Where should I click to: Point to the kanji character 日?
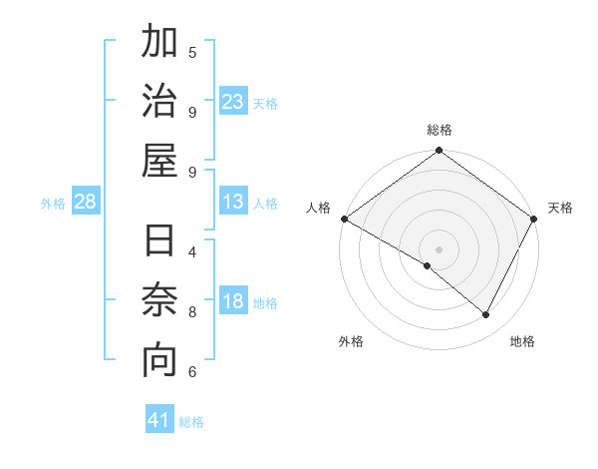159,242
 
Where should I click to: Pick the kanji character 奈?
159,301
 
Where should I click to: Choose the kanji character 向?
159,361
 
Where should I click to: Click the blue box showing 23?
233,101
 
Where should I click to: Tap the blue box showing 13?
233,203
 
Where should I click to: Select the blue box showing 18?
233,302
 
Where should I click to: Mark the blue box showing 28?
86,203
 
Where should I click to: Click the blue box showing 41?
159,420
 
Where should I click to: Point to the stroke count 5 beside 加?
192,52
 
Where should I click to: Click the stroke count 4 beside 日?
192,251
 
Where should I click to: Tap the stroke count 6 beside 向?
192,372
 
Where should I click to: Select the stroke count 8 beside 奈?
192,311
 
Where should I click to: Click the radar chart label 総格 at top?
440,130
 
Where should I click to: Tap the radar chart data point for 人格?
344,219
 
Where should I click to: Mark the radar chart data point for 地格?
486,314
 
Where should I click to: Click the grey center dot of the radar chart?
440,248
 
